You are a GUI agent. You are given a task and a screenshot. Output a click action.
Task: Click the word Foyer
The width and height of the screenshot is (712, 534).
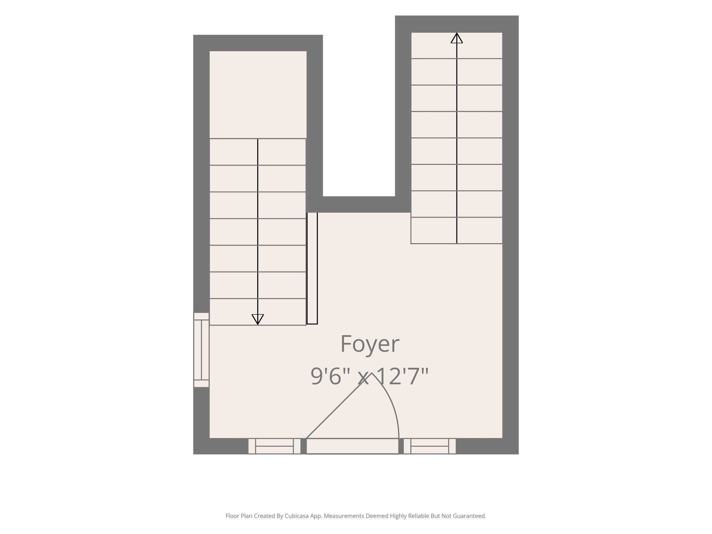(370, 345)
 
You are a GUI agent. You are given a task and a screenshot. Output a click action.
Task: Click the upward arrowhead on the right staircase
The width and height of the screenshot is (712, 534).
(457, 38)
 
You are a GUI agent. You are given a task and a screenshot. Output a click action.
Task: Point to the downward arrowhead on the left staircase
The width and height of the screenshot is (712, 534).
(258, 319)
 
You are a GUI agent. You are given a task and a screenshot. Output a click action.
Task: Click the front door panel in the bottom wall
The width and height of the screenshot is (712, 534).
(352, 446)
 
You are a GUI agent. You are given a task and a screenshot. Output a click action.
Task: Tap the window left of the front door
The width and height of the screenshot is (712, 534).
(274, 446)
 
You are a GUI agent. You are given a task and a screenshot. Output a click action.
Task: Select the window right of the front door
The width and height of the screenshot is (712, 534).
(430, 446)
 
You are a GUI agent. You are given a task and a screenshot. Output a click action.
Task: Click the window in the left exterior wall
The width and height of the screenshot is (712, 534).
(201, 350)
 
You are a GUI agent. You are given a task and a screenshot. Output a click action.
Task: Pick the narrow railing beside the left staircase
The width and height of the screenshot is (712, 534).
(312, 268)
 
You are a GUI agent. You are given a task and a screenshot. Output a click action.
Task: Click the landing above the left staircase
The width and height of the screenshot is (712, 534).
(258, 95)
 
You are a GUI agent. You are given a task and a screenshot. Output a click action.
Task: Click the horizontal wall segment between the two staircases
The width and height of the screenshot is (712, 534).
(359, 204)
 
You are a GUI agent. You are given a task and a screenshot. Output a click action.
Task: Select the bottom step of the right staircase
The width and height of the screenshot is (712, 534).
(456, 230)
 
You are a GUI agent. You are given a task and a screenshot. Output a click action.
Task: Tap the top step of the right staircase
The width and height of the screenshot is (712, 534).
(456, 46)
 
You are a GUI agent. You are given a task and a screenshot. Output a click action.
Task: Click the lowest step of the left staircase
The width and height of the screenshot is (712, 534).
(258, 312)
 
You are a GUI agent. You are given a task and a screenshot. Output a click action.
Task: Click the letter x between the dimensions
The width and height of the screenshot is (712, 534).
(363, 379)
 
